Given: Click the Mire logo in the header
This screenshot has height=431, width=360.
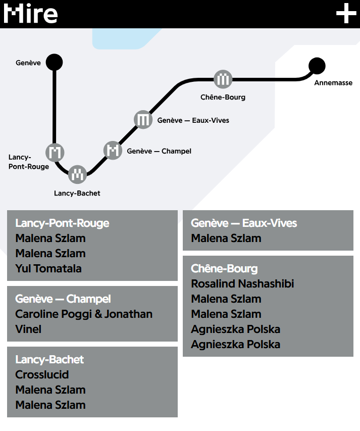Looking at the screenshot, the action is coord(30,14).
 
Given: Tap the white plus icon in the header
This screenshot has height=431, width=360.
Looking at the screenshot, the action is coord(346,13).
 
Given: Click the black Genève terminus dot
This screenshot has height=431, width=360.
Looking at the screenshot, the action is coord(54,62).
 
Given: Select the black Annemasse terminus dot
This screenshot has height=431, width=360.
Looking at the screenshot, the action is coord(317,66).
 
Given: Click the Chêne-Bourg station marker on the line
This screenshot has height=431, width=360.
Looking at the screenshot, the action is coord(223,79).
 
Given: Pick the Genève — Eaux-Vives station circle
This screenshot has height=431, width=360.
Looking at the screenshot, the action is coord(143,120).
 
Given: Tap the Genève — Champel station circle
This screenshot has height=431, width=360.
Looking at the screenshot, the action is coord(113,151).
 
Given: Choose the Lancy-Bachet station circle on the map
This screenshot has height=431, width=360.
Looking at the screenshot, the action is coord(77,174).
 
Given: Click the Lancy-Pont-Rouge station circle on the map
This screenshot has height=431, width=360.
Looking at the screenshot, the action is coord(55,152).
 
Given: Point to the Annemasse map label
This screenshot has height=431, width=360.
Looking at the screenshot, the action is coord(333,83).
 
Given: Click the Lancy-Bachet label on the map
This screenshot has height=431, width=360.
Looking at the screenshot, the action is coord(77,193).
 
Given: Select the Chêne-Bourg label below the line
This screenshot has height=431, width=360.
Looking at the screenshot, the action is coord(223,97).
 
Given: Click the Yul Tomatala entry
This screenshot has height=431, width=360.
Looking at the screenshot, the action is coord(48,268).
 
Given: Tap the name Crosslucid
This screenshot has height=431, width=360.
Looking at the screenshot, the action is coord(42,374).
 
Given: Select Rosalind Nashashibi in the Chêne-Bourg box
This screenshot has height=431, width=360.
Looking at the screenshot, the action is coord(242,283).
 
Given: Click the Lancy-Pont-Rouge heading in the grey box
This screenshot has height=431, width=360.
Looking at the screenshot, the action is coord(62,223).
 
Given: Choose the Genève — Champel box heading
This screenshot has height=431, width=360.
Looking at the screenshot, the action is coord(63,299).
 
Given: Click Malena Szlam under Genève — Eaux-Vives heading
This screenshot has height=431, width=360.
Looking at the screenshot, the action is coord(226,238).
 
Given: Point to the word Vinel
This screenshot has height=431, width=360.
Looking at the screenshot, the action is coord(28,329).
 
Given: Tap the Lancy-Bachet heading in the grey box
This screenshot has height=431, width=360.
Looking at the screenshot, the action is coord(49,360).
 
